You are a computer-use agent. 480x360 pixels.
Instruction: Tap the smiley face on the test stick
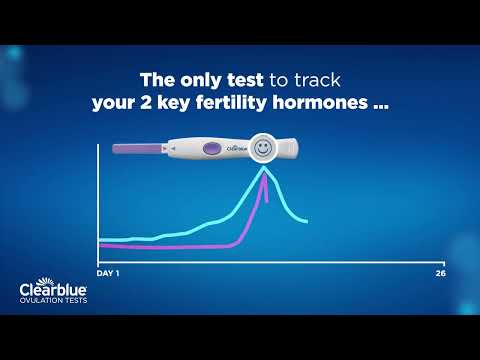(x=263, y=148)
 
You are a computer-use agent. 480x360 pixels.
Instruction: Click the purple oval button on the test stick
(x=212, y=150)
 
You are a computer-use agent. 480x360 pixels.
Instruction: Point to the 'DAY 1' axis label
(x=107, y=273)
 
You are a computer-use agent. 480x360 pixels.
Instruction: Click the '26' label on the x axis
(x=440, y=273)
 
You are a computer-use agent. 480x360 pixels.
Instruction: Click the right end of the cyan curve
(x=306, y=222)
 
